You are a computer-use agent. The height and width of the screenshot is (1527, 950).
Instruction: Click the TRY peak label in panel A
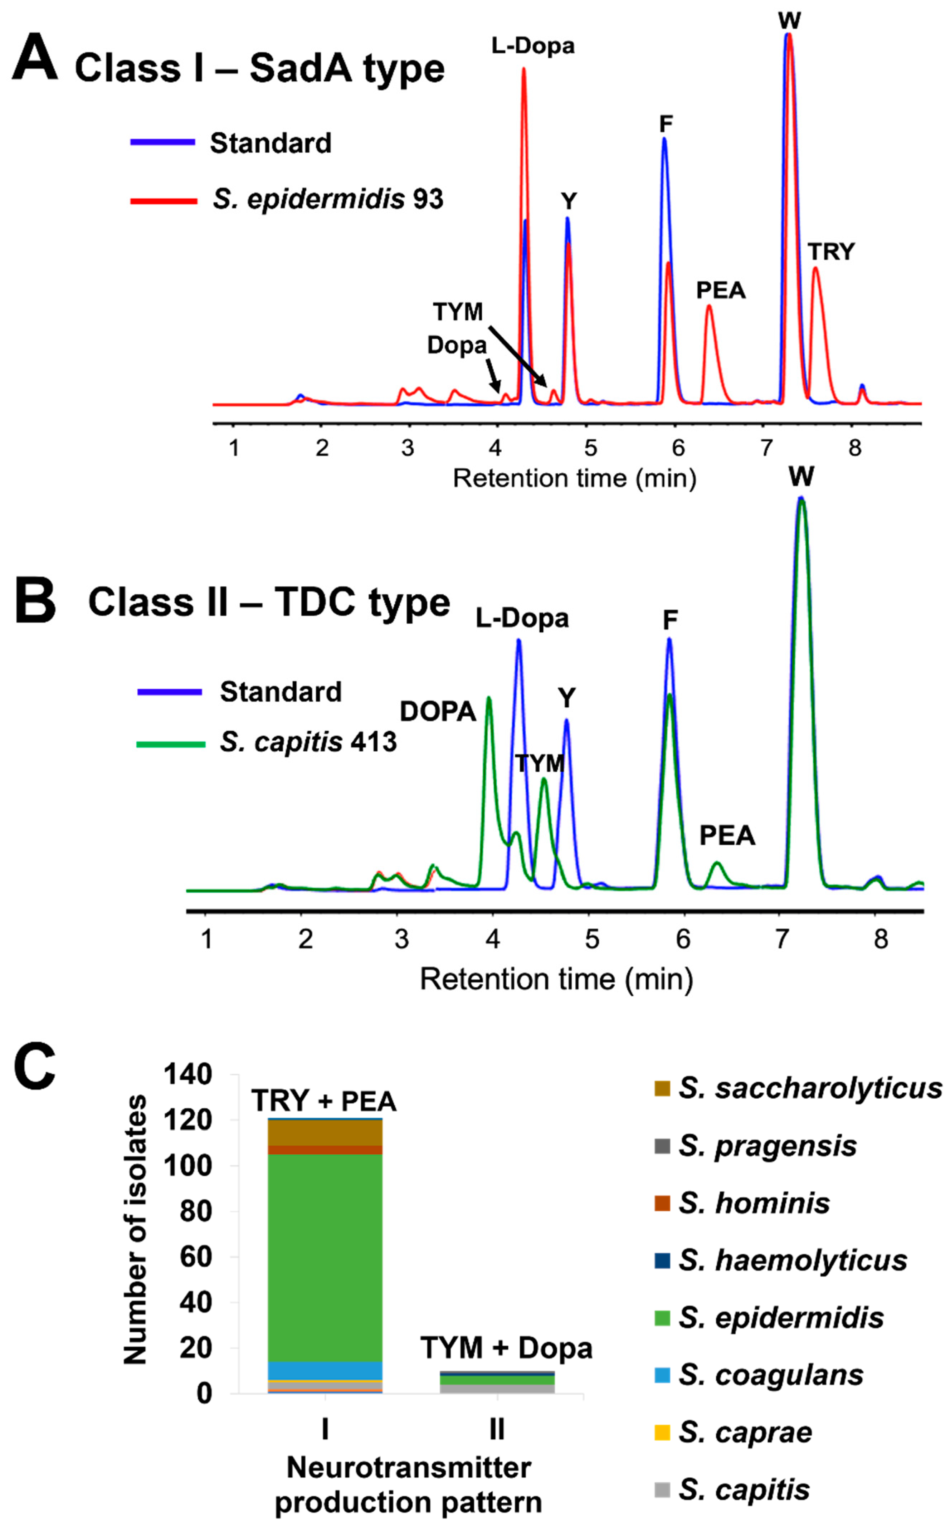tap(831, 252)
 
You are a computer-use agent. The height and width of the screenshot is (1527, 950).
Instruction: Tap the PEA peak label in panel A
tap(721, 290)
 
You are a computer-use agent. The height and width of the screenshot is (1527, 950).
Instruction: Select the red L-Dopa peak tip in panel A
tap(523, 69)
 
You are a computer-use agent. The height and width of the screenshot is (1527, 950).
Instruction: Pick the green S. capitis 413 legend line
tap(171, 744)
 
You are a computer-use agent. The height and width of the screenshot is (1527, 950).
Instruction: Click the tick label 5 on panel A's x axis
tap(590, 448)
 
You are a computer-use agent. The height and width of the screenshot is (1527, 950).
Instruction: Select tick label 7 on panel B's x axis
tap(781, 939)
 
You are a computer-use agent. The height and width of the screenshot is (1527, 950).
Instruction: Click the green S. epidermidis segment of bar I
tap(324, 1256)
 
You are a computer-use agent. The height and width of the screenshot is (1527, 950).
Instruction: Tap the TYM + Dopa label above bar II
tap(506, 1348)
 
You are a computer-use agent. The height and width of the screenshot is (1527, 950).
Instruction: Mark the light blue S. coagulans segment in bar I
tap(324, 1370)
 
